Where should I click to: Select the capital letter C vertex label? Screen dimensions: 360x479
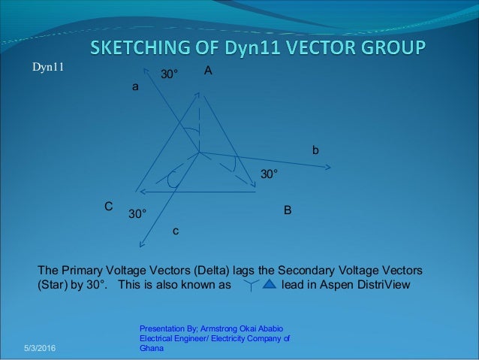pyautogui.click(x=108, y=205)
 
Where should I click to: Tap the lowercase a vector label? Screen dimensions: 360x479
pyautogui.click(x=135, y=87)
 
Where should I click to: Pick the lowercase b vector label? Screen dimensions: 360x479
pyautogui.click(x=315, y=151)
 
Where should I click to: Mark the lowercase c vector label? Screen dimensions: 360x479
pyautogui.click(x=176, y=231)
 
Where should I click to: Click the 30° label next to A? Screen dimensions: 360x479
pyautogui.click(x=171, y=75)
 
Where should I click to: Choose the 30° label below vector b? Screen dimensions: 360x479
pyautogui.click(x=269, y=174)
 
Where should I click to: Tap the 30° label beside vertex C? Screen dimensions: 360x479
pyautogui.click(x=137, y=213)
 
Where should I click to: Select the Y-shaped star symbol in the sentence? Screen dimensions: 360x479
pyautogui.click(x=252, y=286)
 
